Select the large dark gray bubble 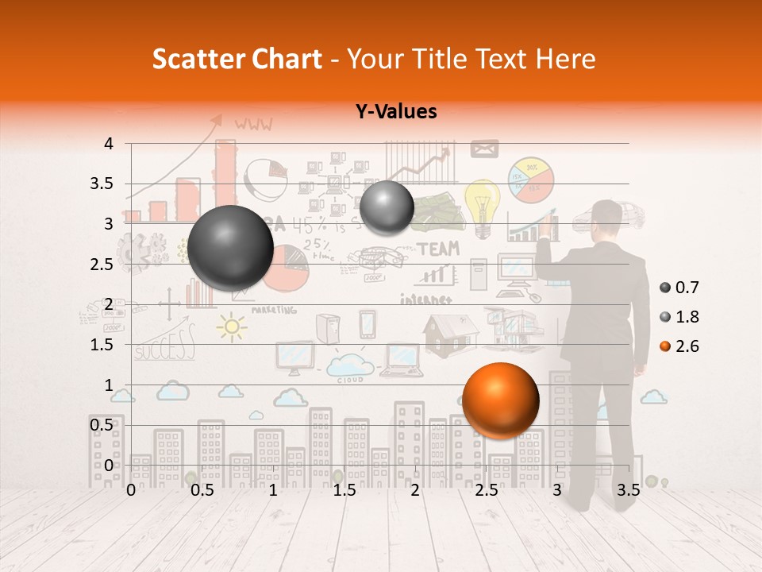[x=230, y=247]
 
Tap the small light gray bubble [x=387, y=207]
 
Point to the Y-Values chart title [x=396, y=112]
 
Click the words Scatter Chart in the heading [x=237, y=59]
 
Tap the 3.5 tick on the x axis [x=628, y=490]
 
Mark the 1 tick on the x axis [x=273, y=490]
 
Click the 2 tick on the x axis [x=415, y=490]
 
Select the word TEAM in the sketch [x=438, y=249]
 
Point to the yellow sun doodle [x=232, y=327]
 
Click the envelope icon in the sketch [x=484, y=148]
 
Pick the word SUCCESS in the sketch [x=164, y=346]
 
